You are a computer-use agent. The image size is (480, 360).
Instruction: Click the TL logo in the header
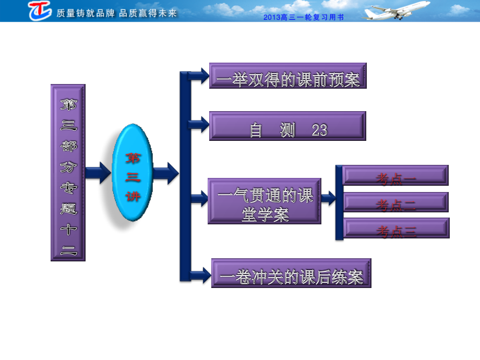point(40,10)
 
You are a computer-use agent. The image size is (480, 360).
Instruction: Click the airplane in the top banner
point(396,11)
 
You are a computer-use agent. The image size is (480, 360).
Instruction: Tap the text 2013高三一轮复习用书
point(303,17)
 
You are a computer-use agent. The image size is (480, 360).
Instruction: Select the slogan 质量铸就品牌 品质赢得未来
point(117,13)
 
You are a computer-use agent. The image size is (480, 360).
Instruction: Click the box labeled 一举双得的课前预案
point(288,76)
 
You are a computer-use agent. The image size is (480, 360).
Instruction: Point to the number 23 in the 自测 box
point(320,130)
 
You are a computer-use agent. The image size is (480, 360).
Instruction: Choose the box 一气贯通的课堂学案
point(265,201)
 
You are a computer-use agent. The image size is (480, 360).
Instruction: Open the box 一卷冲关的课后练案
point(291,273)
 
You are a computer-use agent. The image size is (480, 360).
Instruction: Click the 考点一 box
point(395,175)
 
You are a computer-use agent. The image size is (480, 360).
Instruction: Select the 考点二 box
point(395,202)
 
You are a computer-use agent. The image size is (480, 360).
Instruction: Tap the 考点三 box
point(396,228)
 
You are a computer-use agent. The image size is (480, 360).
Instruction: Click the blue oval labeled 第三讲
point(133,173)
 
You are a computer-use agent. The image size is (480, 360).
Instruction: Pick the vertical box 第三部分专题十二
point(68,173)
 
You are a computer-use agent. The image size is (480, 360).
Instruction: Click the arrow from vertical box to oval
point(98,173)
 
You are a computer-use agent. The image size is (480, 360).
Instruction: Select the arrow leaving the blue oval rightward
point(166,173)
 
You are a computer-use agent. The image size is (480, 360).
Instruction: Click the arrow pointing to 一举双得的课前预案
point(199,76)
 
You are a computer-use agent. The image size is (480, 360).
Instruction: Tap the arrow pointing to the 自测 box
point(199,125)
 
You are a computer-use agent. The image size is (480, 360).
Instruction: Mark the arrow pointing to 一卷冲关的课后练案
point(200,275)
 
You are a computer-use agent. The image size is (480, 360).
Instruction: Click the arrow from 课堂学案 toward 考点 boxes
point(329,198)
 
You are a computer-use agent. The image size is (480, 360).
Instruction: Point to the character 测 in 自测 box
point(287,130)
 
